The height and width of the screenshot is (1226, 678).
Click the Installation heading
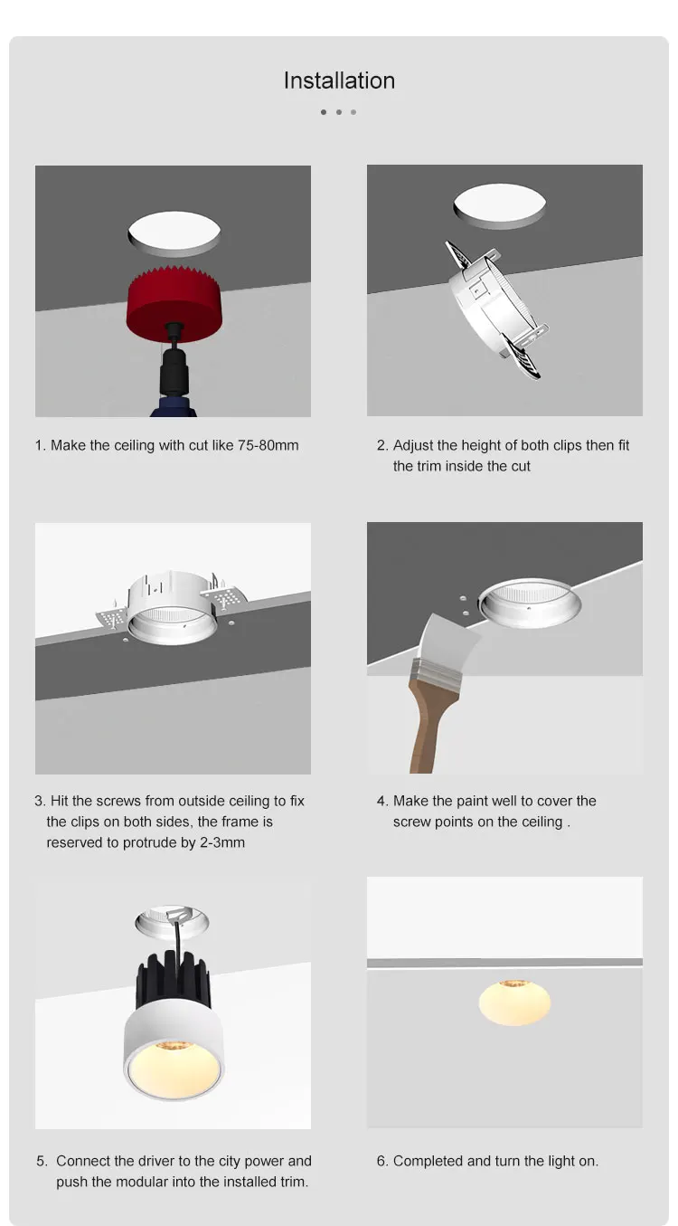pyautogui.click(x=339, y=81)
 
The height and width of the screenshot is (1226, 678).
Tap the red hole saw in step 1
pyautogui.click(x=174, y=304)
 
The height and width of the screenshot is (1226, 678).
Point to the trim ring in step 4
pyautogui.click(x=529, y=603)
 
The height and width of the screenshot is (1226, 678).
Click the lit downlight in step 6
pyautogui.click(x=514, y=1002)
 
